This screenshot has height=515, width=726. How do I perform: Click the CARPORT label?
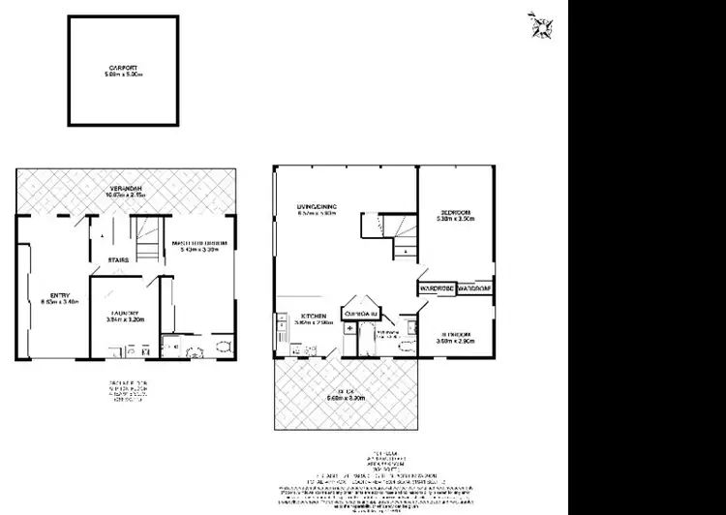point(124,67)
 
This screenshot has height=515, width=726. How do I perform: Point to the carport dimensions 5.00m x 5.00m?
point(124,74)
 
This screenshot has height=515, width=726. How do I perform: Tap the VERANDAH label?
point(125,187)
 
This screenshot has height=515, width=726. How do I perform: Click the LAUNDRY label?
point(124,311)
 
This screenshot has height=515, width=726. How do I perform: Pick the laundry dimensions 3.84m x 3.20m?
point(124,318)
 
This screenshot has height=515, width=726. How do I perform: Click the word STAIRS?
point(119,259)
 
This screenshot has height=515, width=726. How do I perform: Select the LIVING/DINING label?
point(317,206)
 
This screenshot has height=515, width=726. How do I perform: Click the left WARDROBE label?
point(437,288)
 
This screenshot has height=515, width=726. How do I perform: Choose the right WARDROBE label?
point(474,288)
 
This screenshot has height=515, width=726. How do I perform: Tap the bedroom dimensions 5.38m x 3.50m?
point(455,219)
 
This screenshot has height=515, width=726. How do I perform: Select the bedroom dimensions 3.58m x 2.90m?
point(455,341)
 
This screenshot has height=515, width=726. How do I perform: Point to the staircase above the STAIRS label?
point(147,237)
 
